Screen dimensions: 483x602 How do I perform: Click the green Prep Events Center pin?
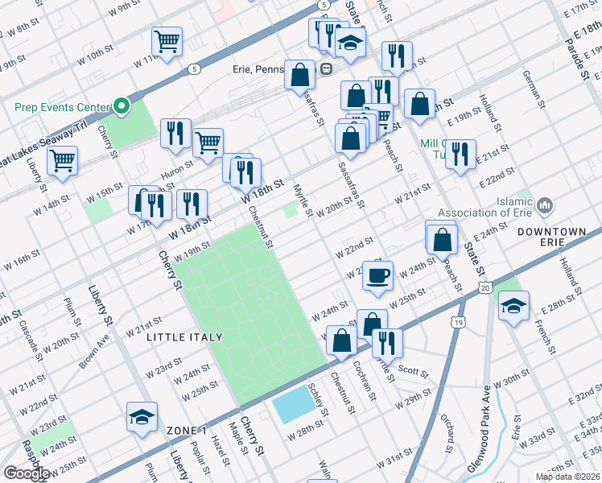click(121, 105)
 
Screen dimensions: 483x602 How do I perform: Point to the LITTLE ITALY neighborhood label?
click(178, 338)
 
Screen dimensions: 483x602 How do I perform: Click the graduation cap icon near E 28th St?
click(513, 307)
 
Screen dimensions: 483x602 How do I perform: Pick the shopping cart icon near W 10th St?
click(167, 41)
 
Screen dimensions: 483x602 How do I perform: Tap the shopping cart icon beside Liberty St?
click(63, 159)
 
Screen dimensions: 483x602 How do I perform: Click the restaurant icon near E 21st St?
click(460, 155)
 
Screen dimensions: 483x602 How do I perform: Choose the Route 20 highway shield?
click(484, 287)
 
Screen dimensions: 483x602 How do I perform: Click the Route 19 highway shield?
click(458, 322)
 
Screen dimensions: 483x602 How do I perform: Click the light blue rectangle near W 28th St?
click(294, 404)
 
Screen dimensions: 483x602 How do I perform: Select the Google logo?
click(27, 473)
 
